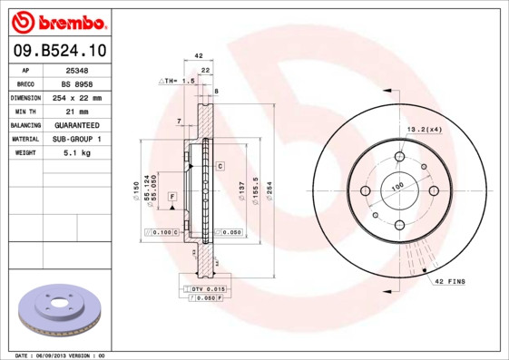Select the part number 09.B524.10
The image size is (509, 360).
point(56,51)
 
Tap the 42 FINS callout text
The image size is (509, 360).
point(449,282)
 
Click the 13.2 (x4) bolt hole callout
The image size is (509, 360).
point(425,129)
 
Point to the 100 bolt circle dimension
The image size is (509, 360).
point(396,187)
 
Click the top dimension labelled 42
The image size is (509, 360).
point(199,56)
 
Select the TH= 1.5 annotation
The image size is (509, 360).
point(179,81)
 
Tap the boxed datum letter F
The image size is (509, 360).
point(171,196)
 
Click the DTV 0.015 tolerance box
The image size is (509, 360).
point(204,287)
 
